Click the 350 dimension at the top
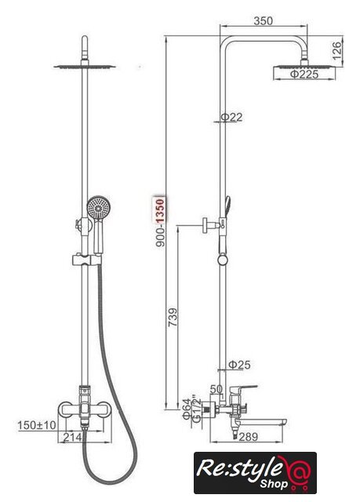pos(263,21)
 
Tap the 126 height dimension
pos(336,51)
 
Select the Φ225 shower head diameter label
pos(304,75)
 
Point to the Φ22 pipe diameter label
pos(231,117)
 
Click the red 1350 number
pos(160,210)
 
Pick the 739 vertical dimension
pos(173,317)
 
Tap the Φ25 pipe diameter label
pos(239,365)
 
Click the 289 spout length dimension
pos(248,437)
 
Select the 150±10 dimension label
pos(37,425)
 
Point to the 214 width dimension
pos(73,437)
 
